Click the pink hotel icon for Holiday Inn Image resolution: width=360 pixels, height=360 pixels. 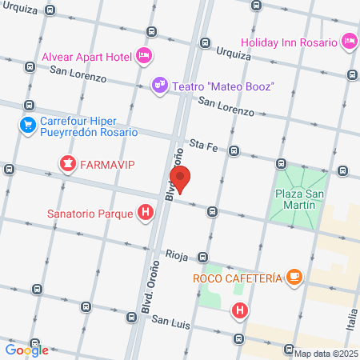click(349, 40)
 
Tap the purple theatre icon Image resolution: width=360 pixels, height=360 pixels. click(160, 85)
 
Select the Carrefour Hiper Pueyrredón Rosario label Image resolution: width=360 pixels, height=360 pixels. click(89, 126)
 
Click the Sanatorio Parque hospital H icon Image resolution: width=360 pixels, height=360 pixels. click(145, 213)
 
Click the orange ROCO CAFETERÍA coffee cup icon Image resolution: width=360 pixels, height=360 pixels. click(295, 277)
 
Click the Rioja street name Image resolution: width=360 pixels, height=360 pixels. click(177, 256)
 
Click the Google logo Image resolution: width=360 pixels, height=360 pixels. click(26, 349)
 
